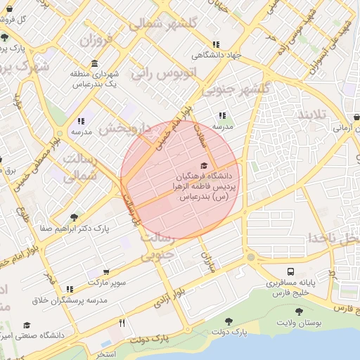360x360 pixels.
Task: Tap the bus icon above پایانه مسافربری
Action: [x=290, y=271]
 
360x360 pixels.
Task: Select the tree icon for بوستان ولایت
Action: [x=299, y=311]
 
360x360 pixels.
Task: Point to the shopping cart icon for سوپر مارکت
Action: [x=106, y=271]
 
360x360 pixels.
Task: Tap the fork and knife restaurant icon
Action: [x=122, y=323]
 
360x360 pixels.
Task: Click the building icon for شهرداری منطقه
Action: [x=94, y=63]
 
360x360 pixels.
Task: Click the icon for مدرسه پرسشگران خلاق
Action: [x=69, y=288]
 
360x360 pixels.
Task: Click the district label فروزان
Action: [x=96, y=41]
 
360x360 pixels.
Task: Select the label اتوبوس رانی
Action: [x=163, y=72]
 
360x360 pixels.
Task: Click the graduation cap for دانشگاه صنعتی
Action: [x=27, y=326]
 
